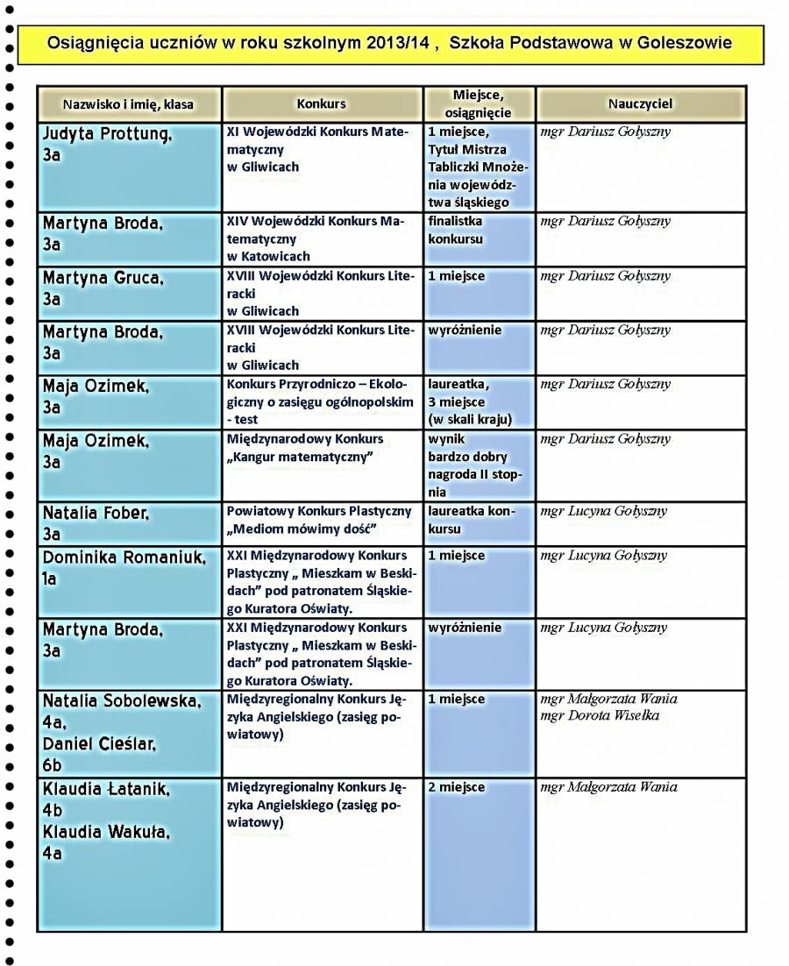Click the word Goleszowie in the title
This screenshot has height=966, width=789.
685,42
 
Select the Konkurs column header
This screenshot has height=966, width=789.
321,103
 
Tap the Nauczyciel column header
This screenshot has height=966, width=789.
640,103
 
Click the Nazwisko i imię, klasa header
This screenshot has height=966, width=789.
128,104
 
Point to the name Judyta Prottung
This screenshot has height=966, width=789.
107,134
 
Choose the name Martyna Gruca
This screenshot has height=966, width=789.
103,278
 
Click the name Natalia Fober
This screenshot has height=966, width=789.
96,513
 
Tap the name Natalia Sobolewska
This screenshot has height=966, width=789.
122,700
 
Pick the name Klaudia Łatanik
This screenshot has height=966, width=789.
106,789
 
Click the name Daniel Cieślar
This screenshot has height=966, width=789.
99,744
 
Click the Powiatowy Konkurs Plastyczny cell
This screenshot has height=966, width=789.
318,520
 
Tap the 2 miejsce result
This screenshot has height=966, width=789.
456,787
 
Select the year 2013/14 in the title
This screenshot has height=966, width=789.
399,42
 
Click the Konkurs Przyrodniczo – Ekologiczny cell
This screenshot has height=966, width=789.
320,401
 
